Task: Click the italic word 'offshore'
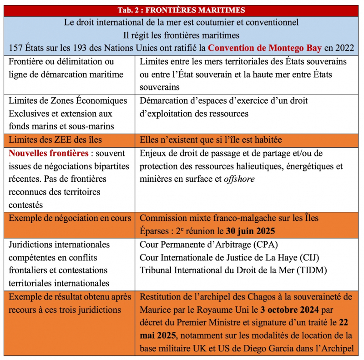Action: (x=239, y=179)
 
